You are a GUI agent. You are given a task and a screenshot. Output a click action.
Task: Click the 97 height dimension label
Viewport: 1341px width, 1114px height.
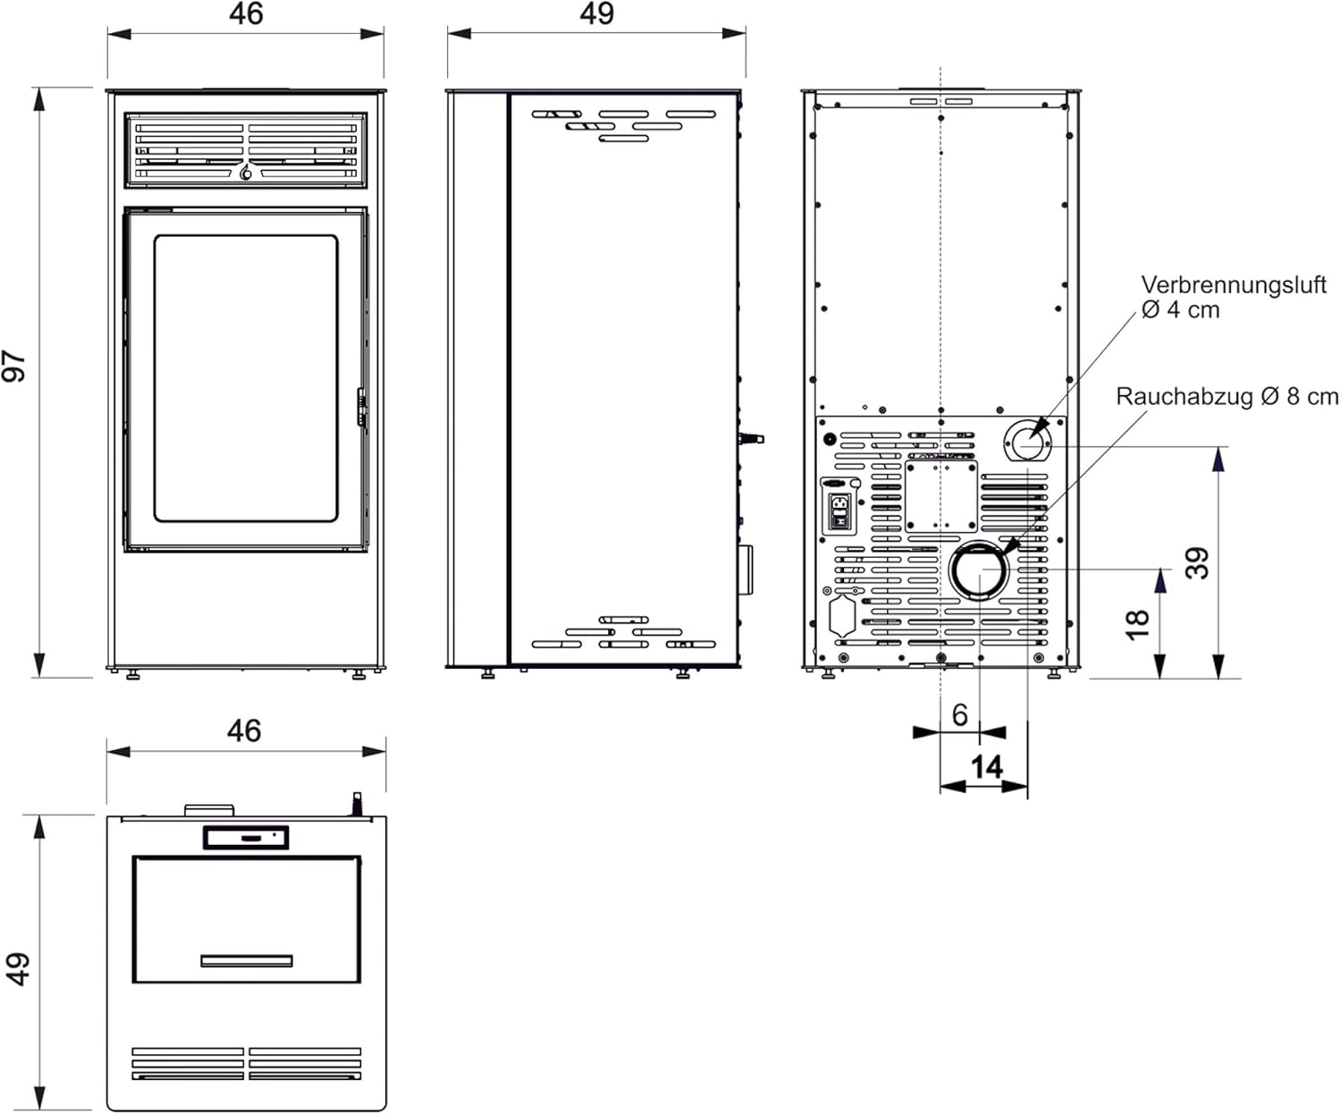tap(15, 367)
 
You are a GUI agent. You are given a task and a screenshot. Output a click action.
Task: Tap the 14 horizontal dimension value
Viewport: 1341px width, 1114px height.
tap(987, 767)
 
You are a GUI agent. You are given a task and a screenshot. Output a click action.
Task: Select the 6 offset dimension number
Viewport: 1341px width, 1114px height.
tap(959, 715)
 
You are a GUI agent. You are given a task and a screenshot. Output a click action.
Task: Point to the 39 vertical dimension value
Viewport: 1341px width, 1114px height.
tap(1198, 563)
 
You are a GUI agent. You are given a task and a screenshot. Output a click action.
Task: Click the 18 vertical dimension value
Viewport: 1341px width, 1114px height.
tap(1137, 624)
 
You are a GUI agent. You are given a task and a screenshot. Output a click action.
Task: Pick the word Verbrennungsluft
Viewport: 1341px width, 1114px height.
tap(1233, 285)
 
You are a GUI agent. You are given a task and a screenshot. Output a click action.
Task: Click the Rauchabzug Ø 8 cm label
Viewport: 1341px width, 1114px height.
tap(1227, 397)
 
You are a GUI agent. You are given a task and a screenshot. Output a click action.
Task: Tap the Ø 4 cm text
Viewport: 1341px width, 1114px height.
tap(1180, 310)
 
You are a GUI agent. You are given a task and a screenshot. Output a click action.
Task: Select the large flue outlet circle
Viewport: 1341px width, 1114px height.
tap(979, 570)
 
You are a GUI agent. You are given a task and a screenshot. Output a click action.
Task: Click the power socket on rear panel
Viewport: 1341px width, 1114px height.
tap(839, 512)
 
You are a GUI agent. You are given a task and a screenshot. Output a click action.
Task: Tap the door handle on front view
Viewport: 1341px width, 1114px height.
tap(361, 407)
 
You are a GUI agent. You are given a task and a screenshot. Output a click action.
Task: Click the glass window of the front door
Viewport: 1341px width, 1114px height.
tap(246, 378)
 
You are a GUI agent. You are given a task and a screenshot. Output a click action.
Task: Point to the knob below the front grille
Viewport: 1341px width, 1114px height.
tap(246, 173)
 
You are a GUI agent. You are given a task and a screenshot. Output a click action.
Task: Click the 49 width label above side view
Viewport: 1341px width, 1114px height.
tap(596, 14)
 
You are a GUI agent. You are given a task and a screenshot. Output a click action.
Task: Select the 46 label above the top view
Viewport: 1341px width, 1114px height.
tap(244, 731)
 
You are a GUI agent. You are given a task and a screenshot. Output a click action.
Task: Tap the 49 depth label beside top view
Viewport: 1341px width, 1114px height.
tap(17, 968)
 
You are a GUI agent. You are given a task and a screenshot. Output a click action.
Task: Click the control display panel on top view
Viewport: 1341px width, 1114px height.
tap(246, 838)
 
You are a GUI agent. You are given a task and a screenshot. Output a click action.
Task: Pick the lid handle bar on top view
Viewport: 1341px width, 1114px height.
tap(246, 961)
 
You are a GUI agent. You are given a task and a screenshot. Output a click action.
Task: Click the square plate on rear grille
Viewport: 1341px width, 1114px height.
tap(940, 496)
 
